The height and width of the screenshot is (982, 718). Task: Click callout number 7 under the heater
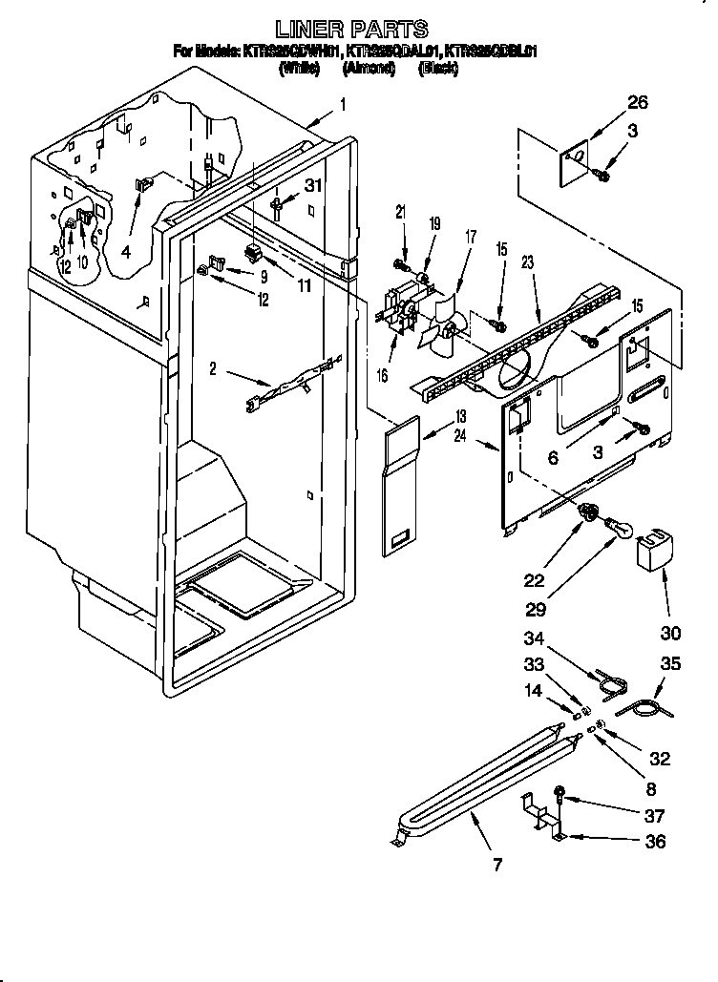pyautogui.click(x=496, y=866)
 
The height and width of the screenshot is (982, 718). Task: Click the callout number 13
pyautogui.click(x=460, y=417)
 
